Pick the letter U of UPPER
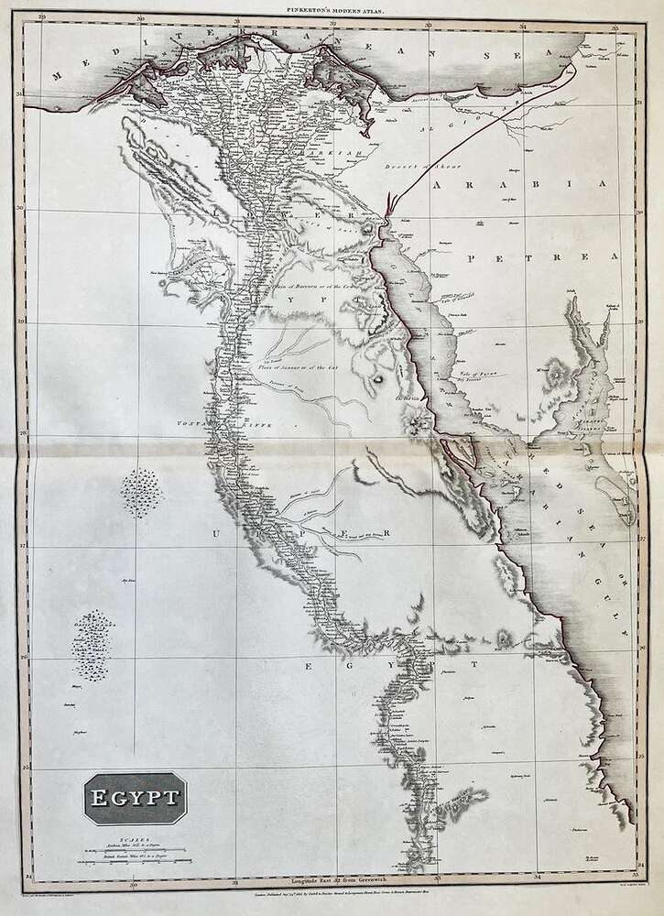pyautogui.click(x=216, y=533)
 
